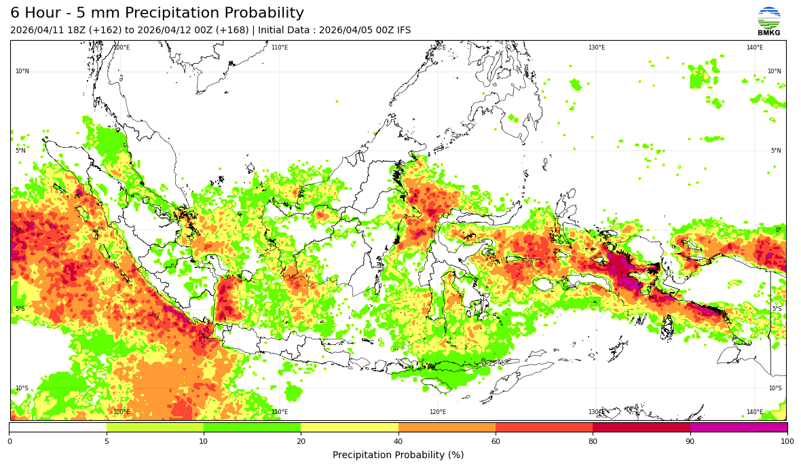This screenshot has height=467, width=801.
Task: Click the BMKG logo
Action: pyautogui.click(x=768, y=20)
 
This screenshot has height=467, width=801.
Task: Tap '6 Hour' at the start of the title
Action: pyautogui.click(x=34, y=14)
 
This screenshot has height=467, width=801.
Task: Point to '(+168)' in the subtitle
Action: pyautogui.click(x=233, y=31)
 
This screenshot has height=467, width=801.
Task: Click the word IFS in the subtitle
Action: pyautogui.click(x=403, y=31)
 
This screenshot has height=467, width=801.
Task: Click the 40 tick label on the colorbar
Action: pyautogui.click(x=398, y=442)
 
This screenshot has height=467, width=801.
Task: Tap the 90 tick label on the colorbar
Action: pyautogui.click(x=690, y=442)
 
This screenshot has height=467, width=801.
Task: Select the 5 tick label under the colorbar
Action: pyautogui.click(x=107, y=442)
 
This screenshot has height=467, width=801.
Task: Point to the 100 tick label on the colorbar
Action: pyautogui.click(x=787, y=442)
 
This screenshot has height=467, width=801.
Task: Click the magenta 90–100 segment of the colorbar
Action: pyautogui.click(x=739, y=428)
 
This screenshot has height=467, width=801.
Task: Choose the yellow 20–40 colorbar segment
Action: pyautogui.click(x=350, y=428)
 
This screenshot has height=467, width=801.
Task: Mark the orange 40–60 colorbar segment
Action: pyautogui.click(x=447, y=428)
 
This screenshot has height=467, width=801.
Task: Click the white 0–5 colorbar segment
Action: pyautogui.click(x=58, y=428)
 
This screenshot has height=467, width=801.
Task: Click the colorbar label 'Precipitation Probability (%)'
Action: pyautogui.click(x=398, y=455)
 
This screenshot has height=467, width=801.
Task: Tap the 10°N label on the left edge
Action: pyautogui.click(x=22, y=71)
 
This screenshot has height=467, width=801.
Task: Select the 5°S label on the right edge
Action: pyautogui.click(x=776, y=309)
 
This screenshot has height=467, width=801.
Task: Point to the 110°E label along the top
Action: pyautogui.click(x=280, y=48)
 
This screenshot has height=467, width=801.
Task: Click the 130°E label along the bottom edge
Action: pyautogui.click(x=596, y=412)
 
